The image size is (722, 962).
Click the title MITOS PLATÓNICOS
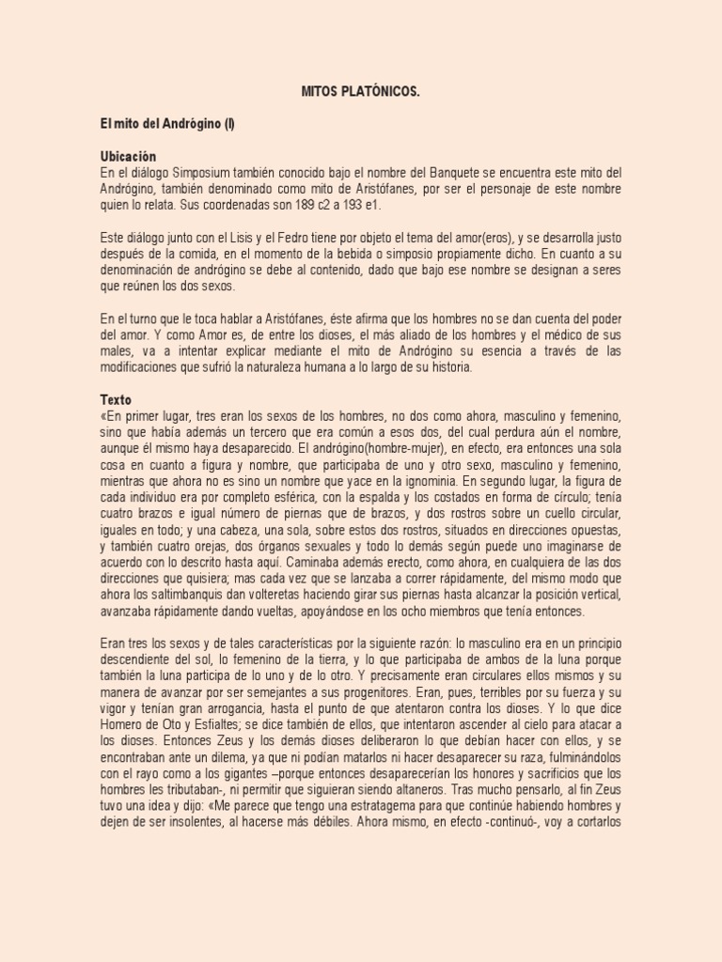pos(360,91)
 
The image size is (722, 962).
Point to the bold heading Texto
pos(117,399)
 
